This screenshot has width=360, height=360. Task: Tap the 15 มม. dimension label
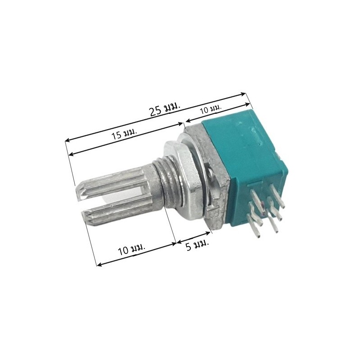[125, 133]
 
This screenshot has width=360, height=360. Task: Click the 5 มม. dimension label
[197, 245]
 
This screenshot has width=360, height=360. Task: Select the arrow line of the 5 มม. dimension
[193, 238]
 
